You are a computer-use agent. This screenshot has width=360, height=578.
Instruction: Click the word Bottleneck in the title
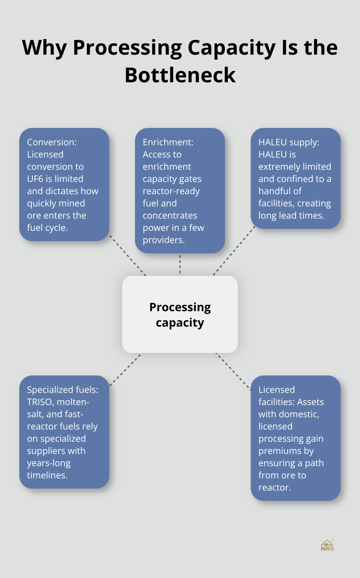(180, 75)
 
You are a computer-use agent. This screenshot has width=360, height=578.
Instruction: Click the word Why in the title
(44, 48)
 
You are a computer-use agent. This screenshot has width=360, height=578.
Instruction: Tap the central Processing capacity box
(180, 314)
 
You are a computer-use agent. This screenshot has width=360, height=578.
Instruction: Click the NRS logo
(327, 545)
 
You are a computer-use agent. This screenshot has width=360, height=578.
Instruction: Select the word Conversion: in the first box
(52, 142)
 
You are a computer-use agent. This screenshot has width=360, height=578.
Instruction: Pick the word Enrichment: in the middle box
(168, 142)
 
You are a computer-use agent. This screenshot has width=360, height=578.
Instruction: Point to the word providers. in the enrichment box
(164, 240)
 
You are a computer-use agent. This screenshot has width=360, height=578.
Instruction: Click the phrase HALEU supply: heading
(289, 142)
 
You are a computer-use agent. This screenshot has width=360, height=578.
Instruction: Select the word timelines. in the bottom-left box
(47, 475)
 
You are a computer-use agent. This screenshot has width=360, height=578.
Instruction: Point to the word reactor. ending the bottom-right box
(274, 487)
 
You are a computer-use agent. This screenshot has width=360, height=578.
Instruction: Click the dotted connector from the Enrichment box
(180, 264)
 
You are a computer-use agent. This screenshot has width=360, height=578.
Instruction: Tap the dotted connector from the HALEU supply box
(234, 251)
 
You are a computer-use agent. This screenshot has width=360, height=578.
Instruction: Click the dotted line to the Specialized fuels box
(126, 369)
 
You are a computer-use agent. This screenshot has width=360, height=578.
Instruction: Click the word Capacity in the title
(231, 48)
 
